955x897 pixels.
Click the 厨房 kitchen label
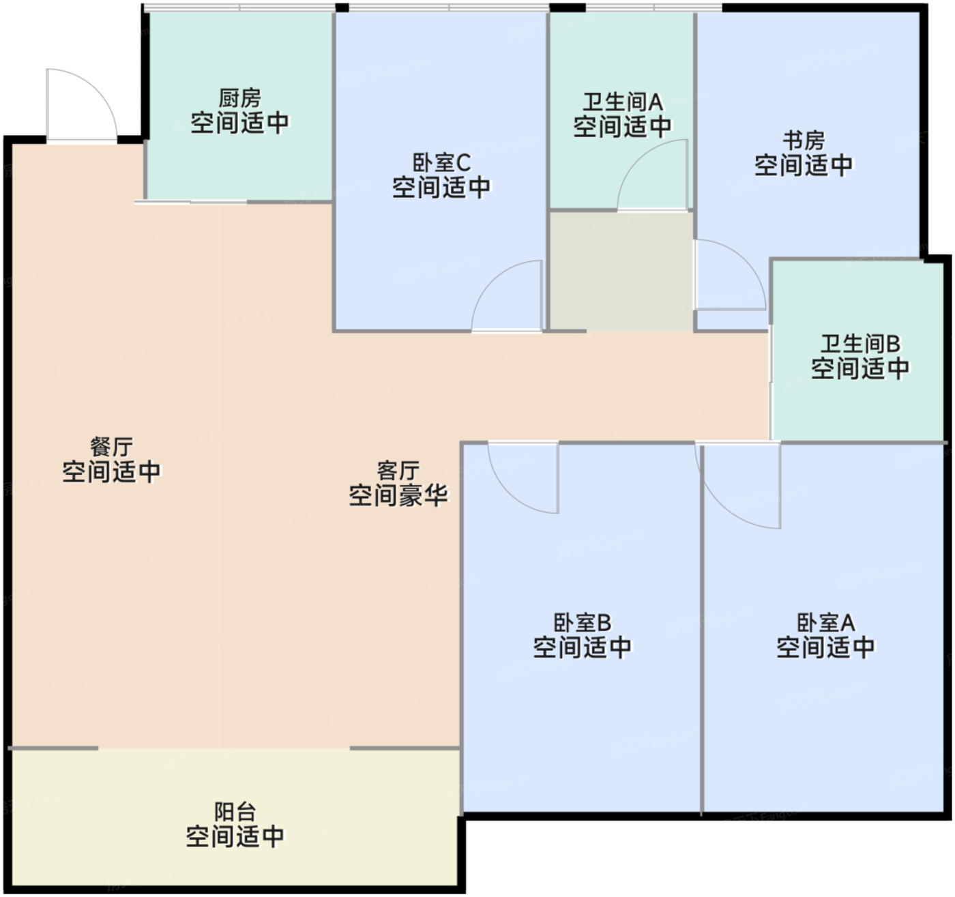[240, 98]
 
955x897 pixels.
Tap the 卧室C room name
[441, 163]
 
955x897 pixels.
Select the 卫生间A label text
[623, 102]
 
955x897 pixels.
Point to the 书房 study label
[804, 141]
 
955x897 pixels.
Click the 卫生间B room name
[860, 344]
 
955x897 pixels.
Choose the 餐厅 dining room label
[112, 447]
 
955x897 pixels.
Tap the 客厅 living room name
[398, 471]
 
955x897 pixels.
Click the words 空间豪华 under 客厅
[398, 495]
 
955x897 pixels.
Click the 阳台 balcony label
[235, 812]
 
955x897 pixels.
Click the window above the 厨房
[239, 8]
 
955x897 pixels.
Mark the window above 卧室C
[449, 8]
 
